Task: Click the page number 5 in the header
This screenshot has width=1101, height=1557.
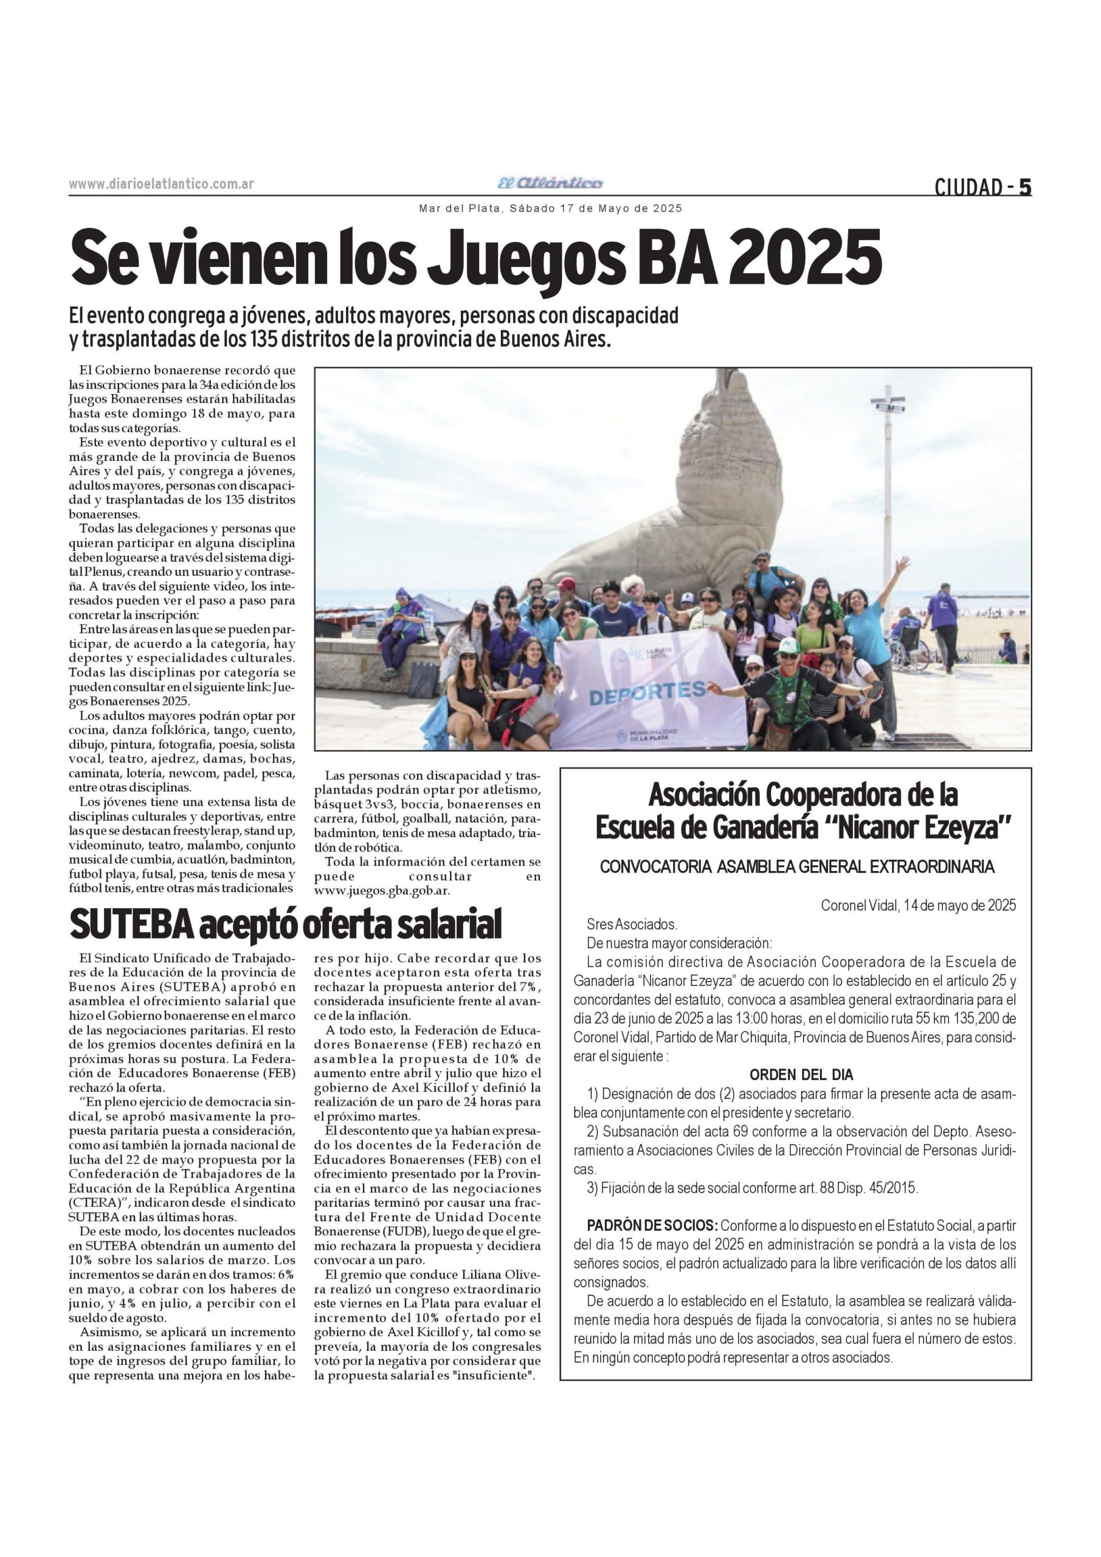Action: pyautogui.click(x=1024, y=187)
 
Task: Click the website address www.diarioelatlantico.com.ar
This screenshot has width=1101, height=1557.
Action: pyautogui.click(x=161, y=184)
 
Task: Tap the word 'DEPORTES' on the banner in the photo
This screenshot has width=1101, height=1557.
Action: pyautogui.click(x=647, y=693)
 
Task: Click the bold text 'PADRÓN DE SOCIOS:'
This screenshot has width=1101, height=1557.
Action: pyautogui.click(x=652, y=1226)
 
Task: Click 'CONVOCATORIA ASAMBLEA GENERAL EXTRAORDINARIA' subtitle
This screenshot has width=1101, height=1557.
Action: pyautogui.click(x=796, y=867)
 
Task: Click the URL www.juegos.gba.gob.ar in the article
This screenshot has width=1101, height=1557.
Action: pyautogui.click(x=382, y=891)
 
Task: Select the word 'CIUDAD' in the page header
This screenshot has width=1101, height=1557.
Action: pyautogui.click(x=968, y=187)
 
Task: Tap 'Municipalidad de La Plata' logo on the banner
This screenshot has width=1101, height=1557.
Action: pyautogui.click(x=643, y=735)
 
